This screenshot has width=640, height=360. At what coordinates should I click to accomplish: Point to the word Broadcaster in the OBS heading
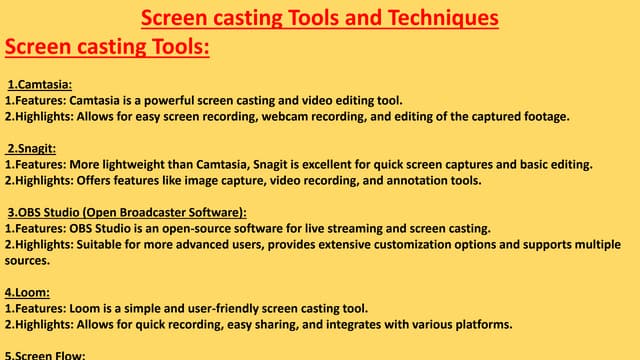(145, 212)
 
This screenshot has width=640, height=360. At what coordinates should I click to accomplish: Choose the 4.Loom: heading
(29, 292)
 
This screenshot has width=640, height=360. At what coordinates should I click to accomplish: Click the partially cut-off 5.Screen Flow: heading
(46, 354)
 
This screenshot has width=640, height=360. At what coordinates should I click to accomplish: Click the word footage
(538, 116)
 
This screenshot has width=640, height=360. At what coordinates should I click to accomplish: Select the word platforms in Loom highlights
(484, 323)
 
